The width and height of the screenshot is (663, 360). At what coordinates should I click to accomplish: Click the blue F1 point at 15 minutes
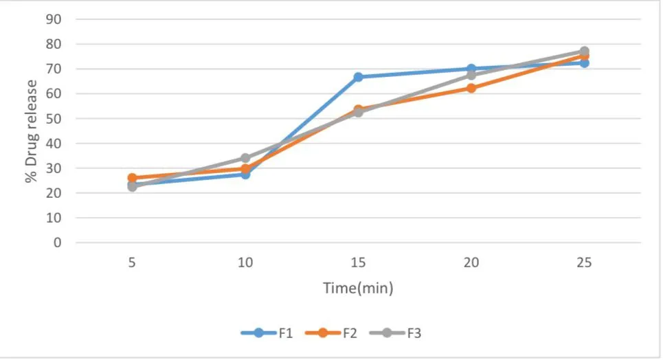(358, 77)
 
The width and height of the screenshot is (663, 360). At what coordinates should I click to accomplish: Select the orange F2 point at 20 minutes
(471, 88)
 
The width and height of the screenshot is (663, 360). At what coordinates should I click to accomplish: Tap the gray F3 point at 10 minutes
(245, 158)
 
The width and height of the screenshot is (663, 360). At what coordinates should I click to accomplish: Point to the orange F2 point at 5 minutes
(132, 178)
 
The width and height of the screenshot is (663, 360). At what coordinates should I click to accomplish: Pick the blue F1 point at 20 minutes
(471, 69)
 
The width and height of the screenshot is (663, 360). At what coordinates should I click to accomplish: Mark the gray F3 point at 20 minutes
(471, 76)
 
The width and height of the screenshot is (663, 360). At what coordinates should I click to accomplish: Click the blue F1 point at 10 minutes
(245, 174)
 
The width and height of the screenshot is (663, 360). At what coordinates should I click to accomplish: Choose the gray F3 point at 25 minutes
(585, 52)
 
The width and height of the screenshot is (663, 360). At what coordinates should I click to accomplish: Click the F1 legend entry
(267, 333)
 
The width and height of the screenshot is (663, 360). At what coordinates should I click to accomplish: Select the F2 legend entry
(331, 333)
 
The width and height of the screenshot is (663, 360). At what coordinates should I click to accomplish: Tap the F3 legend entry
(396, 333)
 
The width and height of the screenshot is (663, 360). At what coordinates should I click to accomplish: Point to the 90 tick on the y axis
(54, 19)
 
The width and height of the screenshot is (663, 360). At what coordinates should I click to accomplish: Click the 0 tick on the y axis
(58, 243)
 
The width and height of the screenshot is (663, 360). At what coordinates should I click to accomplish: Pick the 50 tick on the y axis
(54, 118)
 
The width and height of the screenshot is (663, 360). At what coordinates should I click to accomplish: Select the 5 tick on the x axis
(132, 262)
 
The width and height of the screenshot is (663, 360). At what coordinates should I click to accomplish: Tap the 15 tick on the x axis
(358, 262)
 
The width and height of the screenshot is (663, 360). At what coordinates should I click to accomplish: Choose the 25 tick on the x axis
(585, 262)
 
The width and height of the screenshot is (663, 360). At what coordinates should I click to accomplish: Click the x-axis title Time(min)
(358, 288)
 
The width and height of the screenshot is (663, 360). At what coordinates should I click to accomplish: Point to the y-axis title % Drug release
(32, 131)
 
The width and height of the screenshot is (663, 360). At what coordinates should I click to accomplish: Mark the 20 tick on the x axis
(471, 262)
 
